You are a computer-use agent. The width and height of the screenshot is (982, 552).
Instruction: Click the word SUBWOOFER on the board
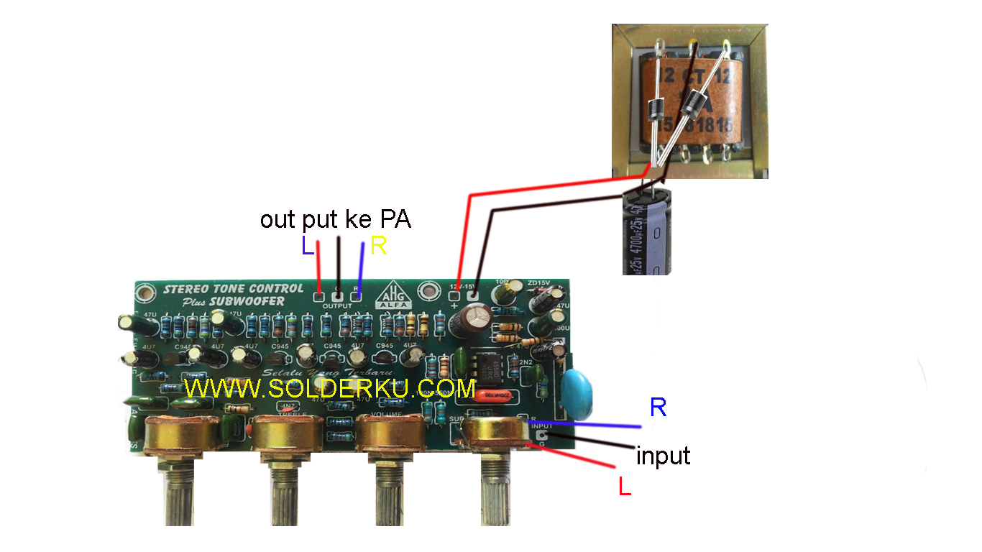coord(252,301)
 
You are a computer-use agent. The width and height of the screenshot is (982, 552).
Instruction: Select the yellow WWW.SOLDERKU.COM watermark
coord(329,389)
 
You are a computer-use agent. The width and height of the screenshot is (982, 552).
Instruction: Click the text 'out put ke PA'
coord(335,219)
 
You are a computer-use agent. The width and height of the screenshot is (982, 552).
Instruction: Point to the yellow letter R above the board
coord(379,247)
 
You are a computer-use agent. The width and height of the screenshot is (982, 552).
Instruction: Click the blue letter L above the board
coord(307,247)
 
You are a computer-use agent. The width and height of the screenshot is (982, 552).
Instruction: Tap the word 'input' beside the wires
coord(663,456)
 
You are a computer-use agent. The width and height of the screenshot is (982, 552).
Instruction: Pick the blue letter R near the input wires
coord(658,408)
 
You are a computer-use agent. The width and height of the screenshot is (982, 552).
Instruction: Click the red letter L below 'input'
coord(625,487)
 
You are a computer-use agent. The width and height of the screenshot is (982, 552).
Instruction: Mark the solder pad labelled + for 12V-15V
coord(454,295)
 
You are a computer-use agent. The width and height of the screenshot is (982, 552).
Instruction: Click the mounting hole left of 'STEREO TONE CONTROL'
coord(147,293)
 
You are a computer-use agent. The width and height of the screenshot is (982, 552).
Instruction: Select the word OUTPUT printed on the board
coord(337,306)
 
